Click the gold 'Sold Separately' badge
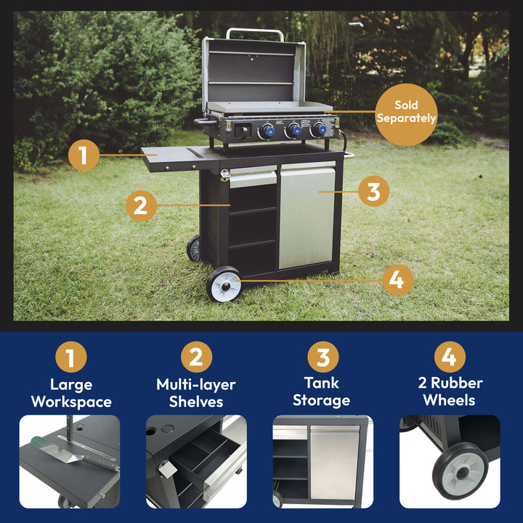406,111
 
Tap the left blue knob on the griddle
268,131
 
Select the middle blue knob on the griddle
293,131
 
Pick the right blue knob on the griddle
319,130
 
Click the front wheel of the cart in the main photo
224,285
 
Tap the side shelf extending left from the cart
171,157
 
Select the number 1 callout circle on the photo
84,155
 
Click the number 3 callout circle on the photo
373,192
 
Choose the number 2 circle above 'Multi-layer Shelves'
196,357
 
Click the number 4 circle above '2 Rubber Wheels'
450,357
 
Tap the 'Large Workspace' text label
71,393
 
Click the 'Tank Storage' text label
321,392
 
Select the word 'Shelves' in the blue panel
195,402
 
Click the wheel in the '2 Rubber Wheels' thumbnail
460,471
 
